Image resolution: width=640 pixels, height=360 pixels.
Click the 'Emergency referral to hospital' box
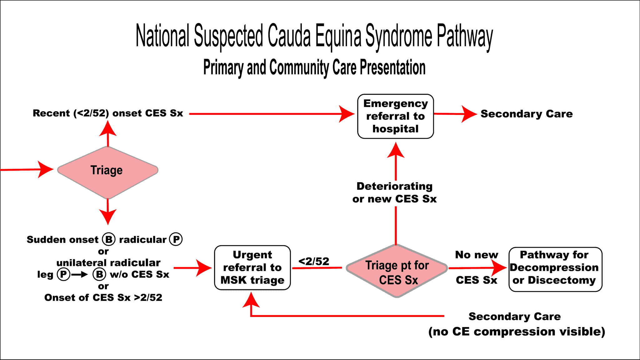395,116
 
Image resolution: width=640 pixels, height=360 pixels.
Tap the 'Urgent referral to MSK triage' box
252,267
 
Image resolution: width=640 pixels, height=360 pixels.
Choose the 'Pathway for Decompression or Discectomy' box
555,269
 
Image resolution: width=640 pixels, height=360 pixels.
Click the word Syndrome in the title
398,37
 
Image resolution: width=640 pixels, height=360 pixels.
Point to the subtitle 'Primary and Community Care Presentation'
314,67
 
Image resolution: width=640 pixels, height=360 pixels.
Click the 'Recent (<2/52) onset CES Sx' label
108,113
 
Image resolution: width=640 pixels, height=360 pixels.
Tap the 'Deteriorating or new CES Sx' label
394,192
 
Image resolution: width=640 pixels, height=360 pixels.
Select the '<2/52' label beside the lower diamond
314,261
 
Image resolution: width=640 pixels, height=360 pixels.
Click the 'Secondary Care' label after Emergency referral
527,114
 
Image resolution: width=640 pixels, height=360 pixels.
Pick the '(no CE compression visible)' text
517,332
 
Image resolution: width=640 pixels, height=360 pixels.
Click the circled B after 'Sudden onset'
109,240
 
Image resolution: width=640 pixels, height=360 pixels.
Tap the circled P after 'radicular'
176,240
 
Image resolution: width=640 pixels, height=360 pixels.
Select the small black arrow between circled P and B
80,275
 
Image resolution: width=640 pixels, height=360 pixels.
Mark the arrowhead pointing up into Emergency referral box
396,150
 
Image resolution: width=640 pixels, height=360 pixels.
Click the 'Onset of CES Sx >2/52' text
103,297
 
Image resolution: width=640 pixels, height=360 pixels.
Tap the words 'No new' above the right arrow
477,255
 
